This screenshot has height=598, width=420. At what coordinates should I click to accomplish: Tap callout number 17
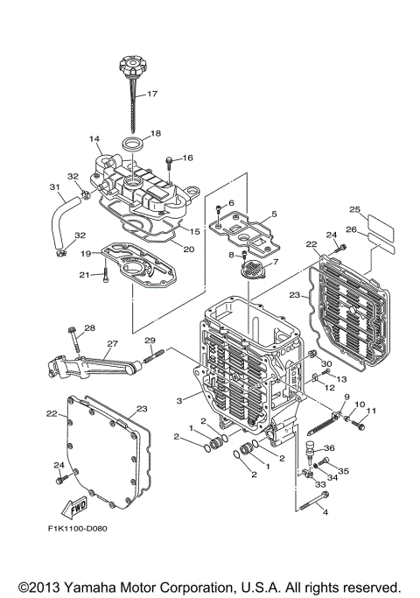[x=151, y=94]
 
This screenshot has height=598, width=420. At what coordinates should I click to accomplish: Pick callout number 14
[x=94, y=138]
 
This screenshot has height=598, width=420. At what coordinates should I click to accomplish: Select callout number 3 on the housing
[x=179, y=399]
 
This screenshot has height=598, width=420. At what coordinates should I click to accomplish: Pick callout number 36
[x=330, y=448]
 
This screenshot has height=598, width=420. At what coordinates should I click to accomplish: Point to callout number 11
[x=370, y=411]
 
